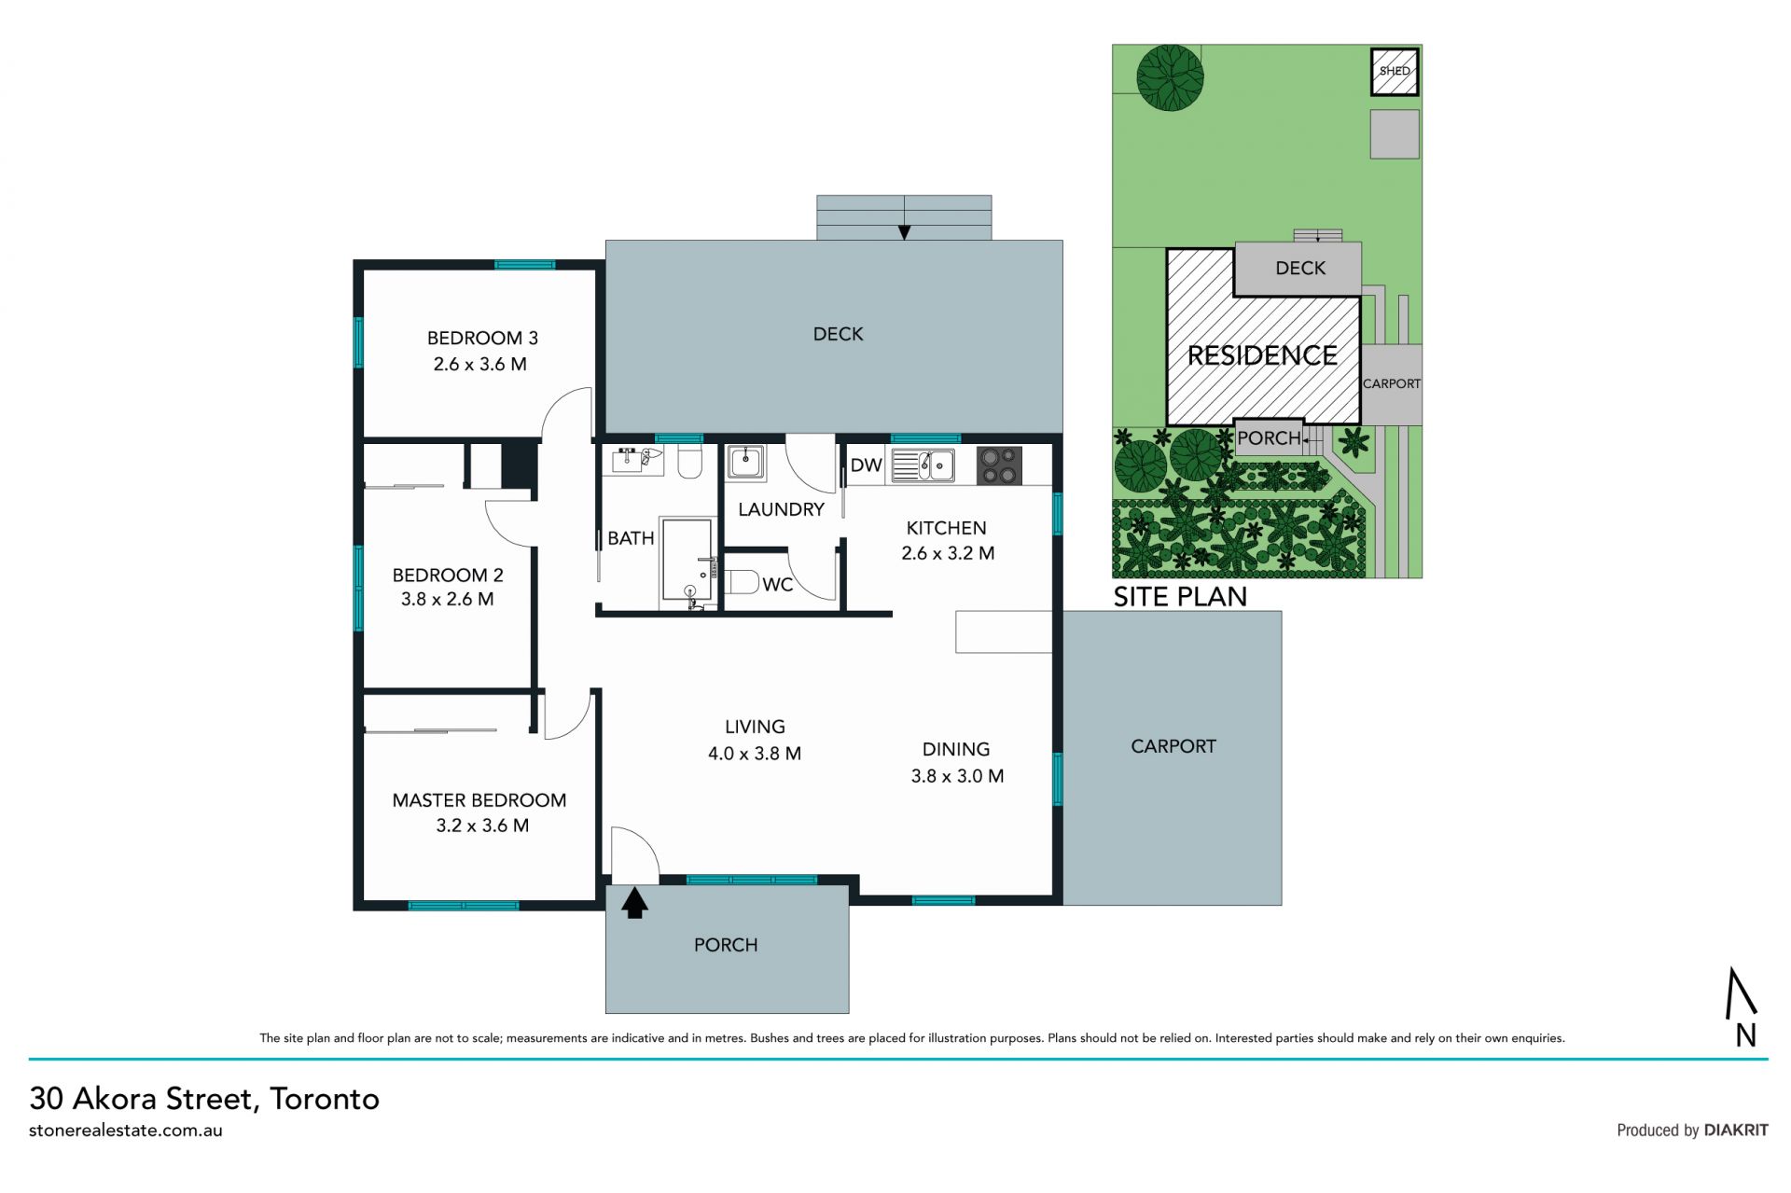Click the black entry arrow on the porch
[634, 903]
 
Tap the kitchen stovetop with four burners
[999, 465]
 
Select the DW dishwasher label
[866, 465]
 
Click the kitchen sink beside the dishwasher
[923, 465]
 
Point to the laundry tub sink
[745, 463]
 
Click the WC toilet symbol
[742, 582]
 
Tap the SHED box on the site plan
[1395, 72]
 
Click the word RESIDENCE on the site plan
[1262, 355]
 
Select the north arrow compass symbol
[1742, 1006]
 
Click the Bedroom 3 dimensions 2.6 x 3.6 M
[479, 364]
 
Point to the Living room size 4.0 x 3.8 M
[755, 753]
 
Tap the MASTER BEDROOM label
[479, 800]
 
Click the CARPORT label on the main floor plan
[1173, 746]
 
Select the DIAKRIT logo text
[1736, 1130]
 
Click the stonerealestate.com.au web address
[126, 1131]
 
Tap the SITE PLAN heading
[1180, 596]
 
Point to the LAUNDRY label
[781, 509]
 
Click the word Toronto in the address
[325, 1099]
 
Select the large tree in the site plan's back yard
[1170, 78]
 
